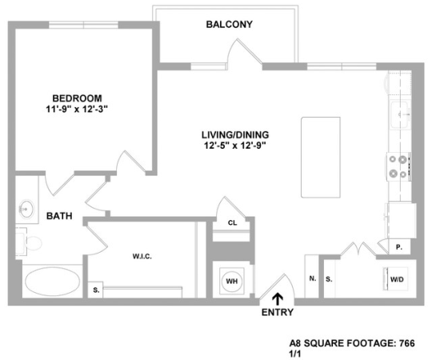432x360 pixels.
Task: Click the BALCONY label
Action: (229, 24)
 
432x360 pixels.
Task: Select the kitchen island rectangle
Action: (318, 157)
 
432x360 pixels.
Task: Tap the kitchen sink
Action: (399, 114)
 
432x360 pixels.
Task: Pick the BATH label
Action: (59, 216)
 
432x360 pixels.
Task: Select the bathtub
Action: (52, 282)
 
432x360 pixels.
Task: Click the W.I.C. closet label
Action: (142, 256)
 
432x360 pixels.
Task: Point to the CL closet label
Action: (232, 223)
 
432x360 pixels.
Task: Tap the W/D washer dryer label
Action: (396, 279)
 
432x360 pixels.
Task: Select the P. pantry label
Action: (398, 247)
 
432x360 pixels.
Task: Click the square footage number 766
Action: (408, 341)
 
